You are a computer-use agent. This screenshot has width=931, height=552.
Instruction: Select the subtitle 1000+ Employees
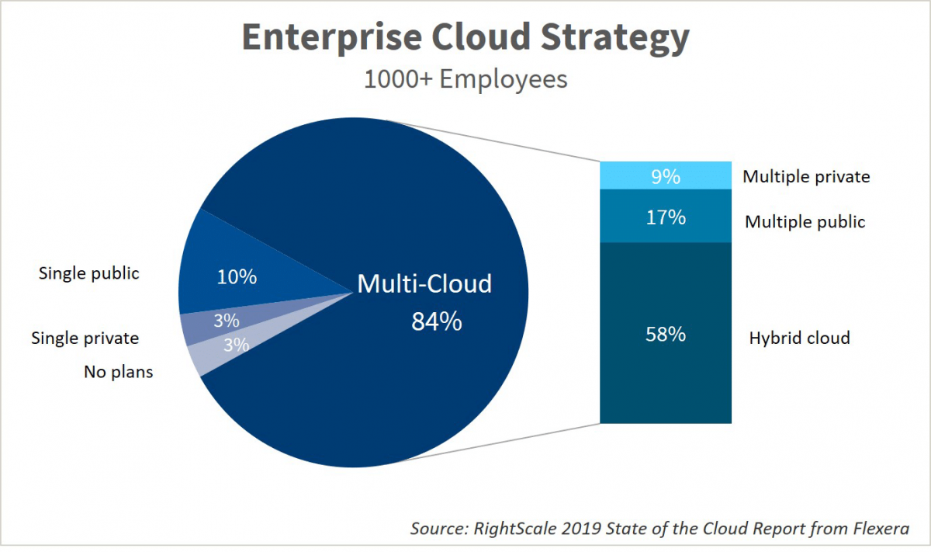pos(465,79)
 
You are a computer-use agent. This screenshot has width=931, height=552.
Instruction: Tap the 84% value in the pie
pos(436,321)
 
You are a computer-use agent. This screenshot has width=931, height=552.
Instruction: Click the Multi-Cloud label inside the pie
pos(424,284)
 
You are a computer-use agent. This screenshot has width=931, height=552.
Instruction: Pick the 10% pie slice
pos(237,276)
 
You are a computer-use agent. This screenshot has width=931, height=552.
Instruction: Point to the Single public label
pos(89,273)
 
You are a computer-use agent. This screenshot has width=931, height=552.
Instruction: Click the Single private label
pos(85,338)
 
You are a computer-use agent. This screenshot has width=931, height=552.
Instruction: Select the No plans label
pos(119,372)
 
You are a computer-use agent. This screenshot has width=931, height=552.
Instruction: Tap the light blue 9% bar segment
pos(666,176)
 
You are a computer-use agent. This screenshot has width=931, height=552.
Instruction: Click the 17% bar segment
pos(666,217)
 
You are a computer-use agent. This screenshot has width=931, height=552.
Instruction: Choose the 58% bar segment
pos(666,334)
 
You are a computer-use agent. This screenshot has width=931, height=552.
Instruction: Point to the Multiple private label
pos(806,177)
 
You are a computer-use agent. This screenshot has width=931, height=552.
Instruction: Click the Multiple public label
pos(805,222)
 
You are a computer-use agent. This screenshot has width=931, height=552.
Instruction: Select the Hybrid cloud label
pos(799,338)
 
